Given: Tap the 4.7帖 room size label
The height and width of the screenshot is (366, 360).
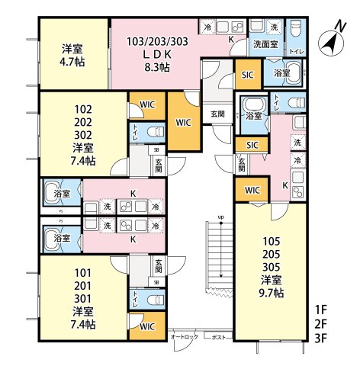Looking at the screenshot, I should [74, 60].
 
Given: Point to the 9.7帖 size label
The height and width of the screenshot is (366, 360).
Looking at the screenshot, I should [272, 292].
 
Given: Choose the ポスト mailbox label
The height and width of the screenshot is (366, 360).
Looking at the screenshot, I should [218, 336].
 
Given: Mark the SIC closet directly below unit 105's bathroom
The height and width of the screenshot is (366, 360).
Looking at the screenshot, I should [252, 144].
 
